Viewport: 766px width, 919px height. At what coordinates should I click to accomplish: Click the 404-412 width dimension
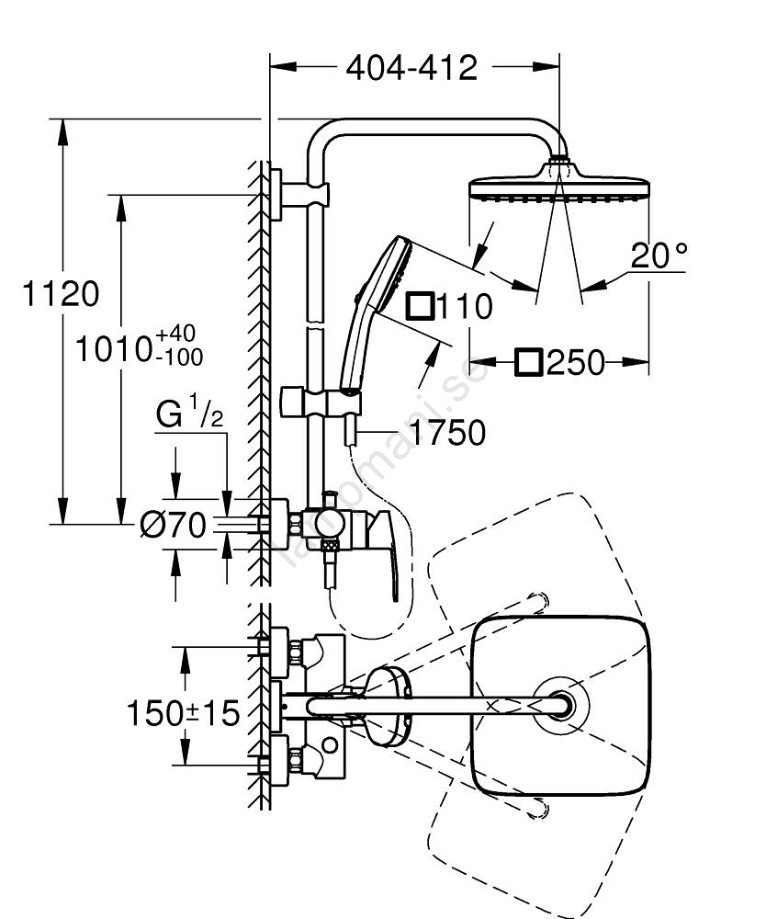411,68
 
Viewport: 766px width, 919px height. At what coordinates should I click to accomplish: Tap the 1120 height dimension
62,295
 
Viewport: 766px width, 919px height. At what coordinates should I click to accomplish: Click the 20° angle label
659,255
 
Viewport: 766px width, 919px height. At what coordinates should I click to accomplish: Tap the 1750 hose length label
446,432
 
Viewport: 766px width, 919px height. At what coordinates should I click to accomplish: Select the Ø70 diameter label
172,525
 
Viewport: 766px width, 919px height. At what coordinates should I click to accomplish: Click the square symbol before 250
528,362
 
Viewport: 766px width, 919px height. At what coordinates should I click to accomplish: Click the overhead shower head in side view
558,189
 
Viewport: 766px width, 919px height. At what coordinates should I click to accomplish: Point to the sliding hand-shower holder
316,402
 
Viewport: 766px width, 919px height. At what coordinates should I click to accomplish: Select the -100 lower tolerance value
181,356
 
